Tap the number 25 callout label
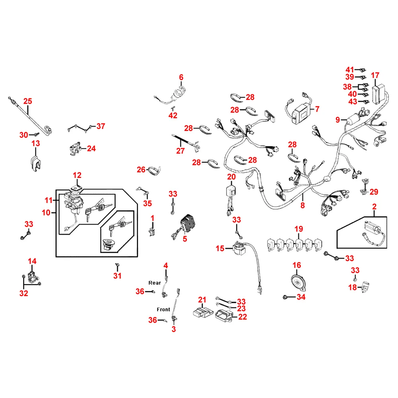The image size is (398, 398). [28, 101]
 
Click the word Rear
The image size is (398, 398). [154, 283]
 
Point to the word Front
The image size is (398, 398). [163, 309]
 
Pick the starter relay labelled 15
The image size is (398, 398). [240, 248]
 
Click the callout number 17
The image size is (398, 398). [375, 75]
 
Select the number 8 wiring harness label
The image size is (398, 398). [302, 205]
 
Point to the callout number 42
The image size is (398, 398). [173, 115]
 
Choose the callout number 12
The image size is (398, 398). [77, 175]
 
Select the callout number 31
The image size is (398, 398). [117, 276]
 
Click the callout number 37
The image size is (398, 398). [101, 126]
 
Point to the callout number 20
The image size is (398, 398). [232, 177]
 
